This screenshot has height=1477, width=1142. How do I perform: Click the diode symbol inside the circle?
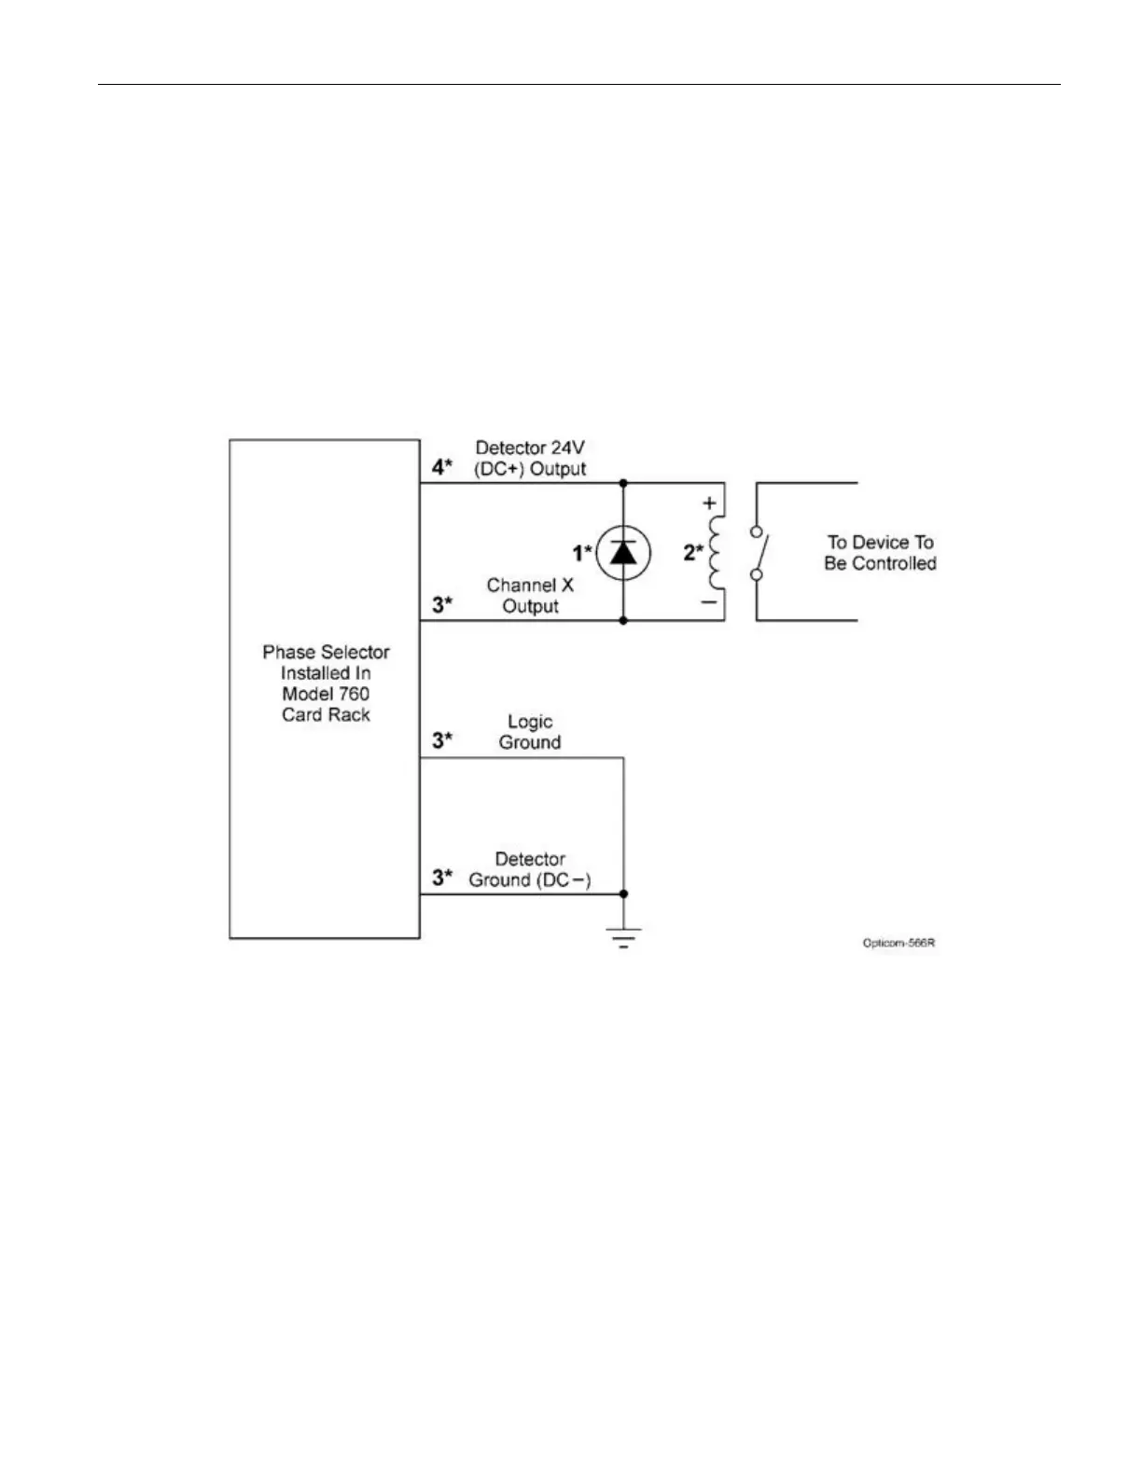pyautogui.click(x=623, y=553)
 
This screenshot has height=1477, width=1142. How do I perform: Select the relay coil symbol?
pyautogui.click(x=716, y=553)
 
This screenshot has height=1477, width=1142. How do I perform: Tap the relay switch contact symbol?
pyautogui.click(x=759, y=552)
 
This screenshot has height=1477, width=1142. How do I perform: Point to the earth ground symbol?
pyautogui.click(x=623, y=936)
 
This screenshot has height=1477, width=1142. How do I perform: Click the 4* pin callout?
pyautogui.click(x=442, y=467)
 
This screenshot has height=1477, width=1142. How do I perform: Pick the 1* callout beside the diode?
pyautogui.click(x=582, y=554)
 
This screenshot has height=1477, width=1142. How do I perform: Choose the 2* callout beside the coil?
pyautogui.click(x=692, y=552)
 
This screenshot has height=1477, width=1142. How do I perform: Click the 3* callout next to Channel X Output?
pyautogui.click(x=442, y=604)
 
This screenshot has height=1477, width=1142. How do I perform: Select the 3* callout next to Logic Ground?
pyautogui.click(x=442, y=740)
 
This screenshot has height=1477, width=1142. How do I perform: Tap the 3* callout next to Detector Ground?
pyautogui.click(x=442, y=877)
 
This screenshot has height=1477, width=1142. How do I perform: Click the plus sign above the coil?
pyautogui.click(x=709, y=504)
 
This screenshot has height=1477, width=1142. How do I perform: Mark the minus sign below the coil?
pyautogui.click(x=709, y=602)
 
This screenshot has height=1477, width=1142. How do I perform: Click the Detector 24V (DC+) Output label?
pyautogui.click(x=530, y=459)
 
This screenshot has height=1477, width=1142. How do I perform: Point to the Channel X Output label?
pyautogui.click(x=530, y=596)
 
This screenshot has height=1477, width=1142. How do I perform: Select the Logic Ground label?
pyautogui.click(x=530, y=732)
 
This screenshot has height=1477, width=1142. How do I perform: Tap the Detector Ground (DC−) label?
pyautogui.click(x=530, y=869)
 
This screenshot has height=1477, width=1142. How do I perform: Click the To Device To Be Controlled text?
pyautogui.click(x=880, y=553)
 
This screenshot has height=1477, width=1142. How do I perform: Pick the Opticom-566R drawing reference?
pyautogui.click(x=898, y=943)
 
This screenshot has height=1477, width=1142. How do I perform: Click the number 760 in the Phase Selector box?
pyautogui.click(x=352, y=694)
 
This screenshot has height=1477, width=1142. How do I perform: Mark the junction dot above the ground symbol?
pyautogui.click(x=623, y=894)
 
